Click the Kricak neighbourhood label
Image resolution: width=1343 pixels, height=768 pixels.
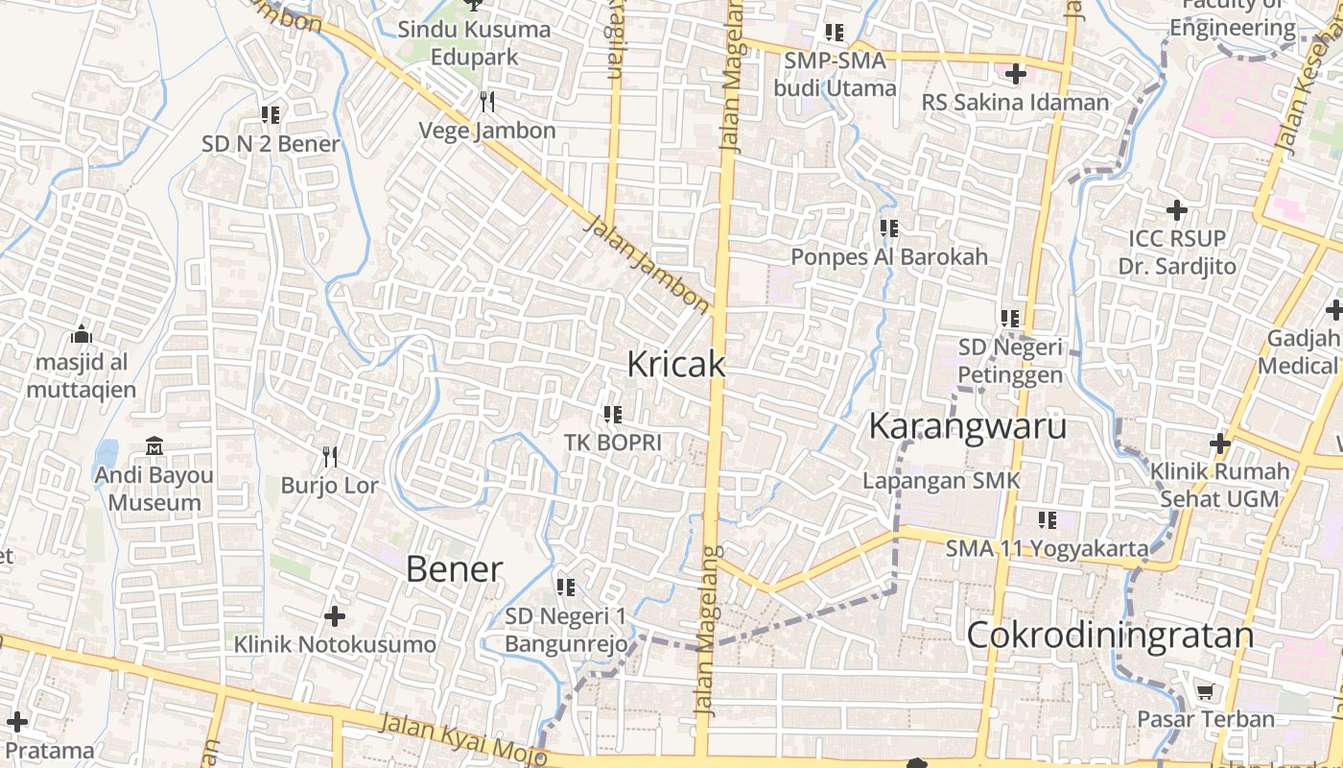pos(675,365)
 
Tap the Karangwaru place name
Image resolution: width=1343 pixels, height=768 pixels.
pos(967,425)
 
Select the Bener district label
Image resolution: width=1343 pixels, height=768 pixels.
pos(454,569)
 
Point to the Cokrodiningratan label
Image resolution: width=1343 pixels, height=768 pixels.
pos(1110,636)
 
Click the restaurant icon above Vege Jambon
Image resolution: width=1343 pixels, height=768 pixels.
pos(487,101)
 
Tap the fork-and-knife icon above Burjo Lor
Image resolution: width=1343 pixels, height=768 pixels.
pos(330,456)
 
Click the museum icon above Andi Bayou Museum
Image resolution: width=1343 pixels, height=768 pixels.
pos(154,446)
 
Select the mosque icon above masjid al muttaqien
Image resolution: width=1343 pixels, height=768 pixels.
pos(82,335)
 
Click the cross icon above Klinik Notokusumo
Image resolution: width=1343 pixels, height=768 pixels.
pos(335,615)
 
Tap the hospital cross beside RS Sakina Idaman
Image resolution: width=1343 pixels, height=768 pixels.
pos(1015,73)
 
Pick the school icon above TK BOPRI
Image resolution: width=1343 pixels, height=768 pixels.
pos(613,415)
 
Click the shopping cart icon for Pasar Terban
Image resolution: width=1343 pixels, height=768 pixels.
pos(1206,691)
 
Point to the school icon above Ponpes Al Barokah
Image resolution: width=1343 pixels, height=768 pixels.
pos(889,228)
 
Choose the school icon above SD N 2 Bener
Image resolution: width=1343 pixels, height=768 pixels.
pos(271,115)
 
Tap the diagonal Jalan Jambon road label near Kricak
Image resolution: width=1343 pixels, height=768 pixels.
pos(648,264)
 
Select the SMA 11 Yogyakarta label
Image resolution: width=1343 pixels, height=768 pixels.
pos(1047,549)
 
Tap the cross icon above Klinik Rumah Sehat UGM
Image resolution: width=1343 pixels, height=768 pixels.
pos(1219,444)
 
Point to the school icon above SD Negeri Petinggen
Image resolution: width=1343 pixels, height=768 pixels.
pos(1010,318)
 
